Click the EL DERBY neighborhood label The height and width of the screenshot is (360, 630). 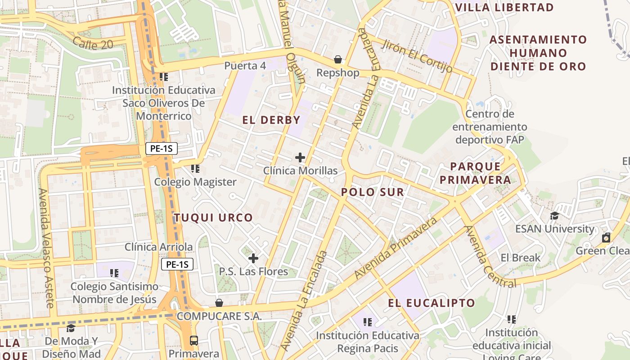click(271, 120)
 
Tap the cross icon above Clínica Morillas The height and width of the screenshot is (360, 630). click(300, 157)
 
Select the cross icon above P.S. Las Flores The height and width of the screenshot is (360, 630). click(253, 258)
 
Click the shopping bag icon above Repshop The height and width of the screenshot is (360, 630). click(337, 59)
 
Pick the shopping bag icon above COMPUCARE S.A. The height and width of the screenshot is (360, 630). click(219, 303)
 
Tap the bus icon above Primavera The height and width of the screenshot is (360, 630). click(194, 340)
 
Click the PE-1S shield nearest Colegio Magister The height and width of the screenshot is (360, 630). click(162, 148)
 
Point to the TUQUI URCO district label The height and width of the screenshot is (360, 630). click(213, 218)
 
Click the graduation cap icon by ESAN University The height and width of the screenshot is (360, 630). click(554, 216)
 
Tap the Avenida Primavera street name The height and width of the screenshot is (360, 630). click(396, 248)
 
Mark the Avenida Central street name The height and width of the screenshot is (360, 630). click(490, 256)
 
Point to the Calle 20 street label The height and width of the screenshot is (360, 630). click(92, 43)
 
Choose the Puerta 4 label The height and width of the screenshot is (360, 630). click(245, 66)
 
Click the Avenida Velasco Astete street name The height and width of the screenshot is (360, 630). click(46, 248)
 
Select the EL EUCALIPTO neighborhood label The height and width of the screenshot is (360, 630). click(431, 303)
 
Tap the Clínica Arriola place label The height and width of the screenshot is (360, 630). click(158, 247)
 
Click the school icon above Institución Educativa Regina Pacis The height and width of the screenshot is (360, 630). click(368, 322)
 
